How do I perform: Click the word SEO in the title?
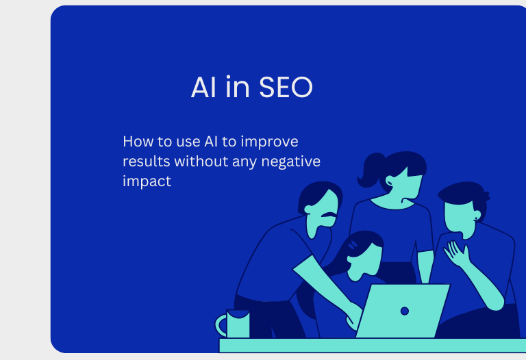[x=286, y=87]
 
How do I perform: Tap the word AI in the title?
[x=203, y=87]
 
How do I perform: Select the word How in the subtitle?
[x=138, y=142]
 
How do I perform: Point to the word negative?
[x=290, y=162]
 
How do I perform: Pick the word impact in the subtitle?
[x=147, y=181]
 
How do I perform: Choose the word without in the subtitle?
[x=201, y=162]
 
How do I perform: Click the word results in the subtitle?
[x=147, y=162]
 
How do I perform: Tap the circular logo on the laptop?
[x=405, y=311]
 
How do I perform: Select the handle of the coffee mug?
[x=221, y=325]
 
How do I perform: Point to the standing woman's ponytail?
[x=370, y=170]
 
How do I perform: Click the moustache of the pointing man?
[x=328, y=214]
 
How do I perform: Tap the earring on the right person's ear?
[x=476, y=218]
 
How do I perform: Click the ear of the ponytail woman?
[x=390, y=181]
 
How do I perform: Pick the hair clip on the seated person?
[x=353, y=246]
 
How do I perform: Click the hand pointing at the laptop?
[x=353, y=316]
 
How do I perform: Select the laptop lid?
[x=403, y=311]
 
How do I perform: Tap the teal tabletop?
[x=373, y=345]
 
